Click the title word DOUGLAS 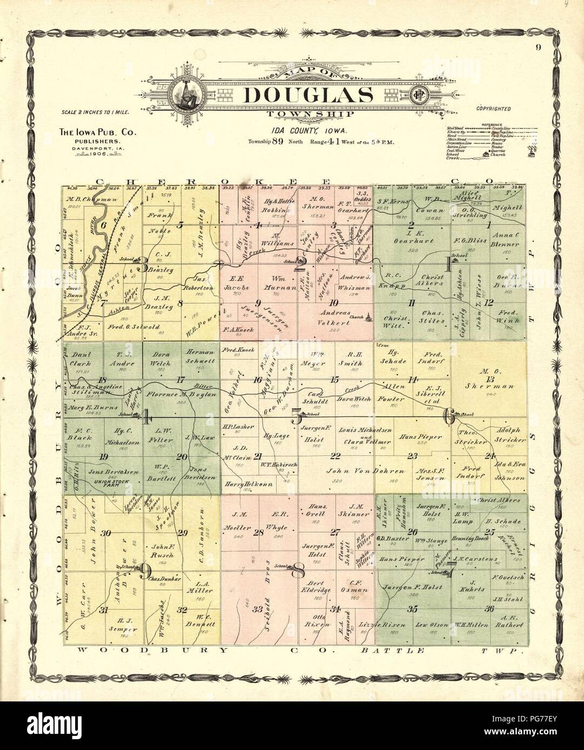click(308, 96)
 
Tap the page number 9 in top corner click(539, 47)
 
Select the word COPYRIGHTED click(493, 108)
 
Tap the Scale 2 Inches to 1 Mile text click(93, 115)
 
